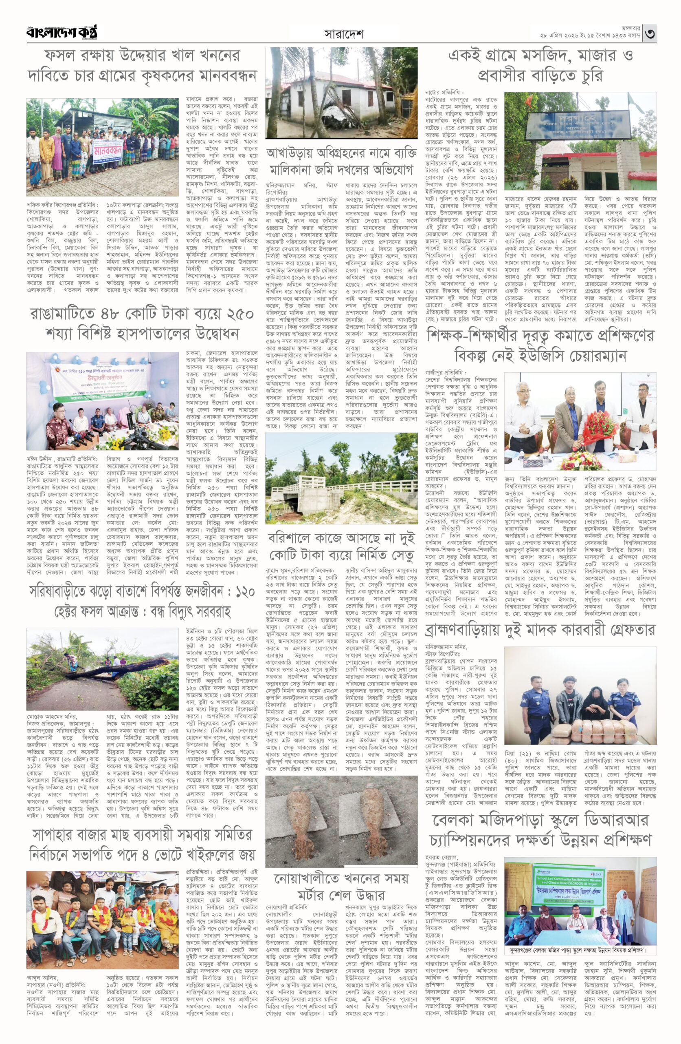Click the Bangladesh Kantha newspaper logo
pos(62,33)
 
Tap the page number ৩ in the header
pos(650,33)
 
